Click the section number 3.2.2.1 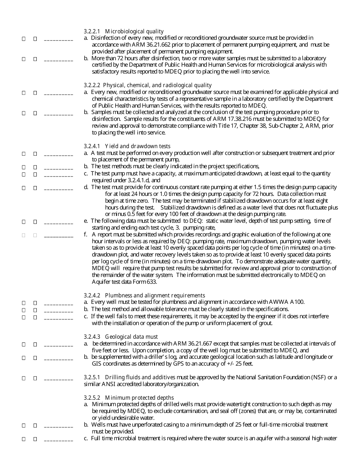(92, 31)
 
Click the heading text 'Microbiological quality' (134, 31)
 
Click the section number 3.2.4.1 (92, 146)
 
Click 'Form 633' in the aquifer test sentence (145, 282)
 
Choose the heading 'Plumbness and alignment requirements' (155, 296)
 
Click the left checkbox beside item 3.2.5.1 (23, 378)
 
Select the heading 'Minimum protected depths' (139, 398)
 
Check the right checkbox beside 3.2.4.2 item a (35, 303)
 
